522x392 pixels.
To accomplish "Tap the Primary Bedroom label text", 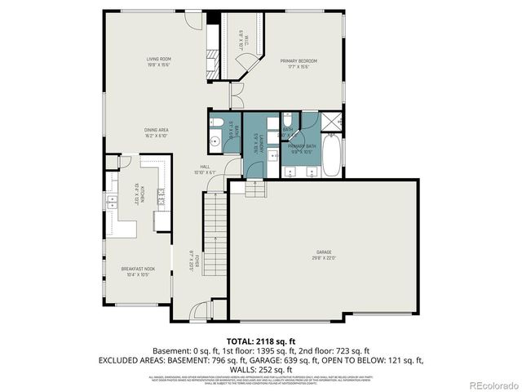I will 299,60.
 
